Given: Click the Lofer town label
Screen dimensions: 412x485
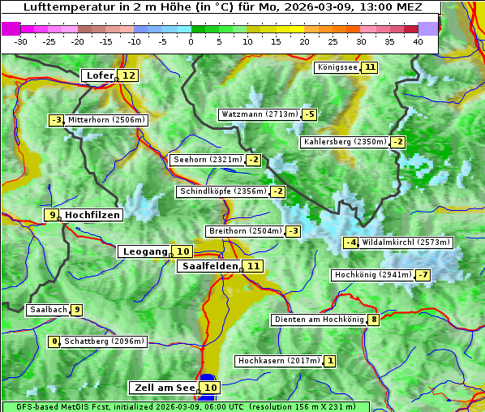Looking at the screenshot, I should tap(99, 75).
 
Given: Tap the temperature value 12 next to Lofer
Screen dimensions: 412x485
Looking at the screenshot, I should tap(128, 75).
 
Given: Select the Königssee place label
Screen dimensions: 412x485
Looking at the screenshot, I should tap(337, 67).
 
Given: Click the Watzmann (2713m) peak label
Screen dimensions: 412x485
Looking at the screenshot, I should tap(259, 114).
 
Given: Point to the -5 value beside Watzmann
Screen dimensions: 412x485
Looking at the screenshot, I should tap(309, 114).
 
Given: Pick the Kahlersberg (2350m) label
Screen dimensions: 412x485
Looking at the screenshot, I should tap(345, 142).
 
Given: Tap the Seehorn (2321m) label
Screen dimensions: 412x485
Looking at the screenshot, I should tap(208, 160).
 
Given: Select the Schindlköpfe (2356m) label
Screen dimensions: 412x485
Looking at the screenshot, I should tap(221, 191).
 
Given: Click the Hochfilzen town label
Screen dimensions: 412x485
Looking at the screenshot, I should tap(92, 215).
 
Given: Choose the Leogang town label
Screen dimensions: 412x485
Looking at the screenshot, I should tap(144, 251).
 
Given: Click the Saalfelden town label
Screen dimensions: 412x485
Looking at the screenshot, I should tap(209, 266).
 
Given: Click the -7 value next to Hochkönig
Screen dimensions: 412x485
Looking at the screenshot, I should tap(423, 275).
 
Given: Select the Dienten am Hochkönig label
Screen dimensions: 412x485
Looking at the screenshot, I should tap(318, 320).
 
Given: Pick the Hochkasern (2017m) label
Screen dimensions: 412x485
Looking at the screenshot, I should tap(278, 360).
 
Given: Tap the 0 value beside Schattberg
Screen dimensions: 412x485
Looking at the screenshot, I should tap(55, 341).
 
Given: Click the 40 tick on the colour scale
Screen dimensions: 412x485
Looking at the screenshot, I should tap(418, 41).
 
